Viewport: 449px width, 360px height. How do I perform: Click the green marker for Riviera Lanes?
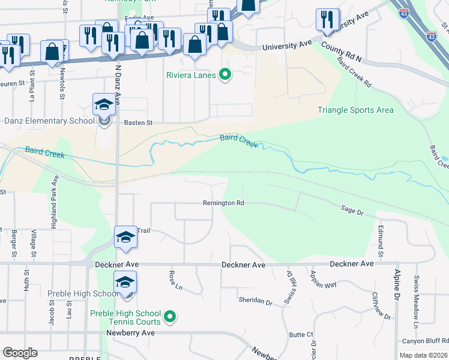pos(225,75)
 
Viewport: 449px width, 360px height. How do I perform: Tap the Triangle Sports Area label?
pos(355,110)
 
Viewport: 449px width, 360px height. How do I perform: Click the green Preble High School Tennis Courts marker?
pos(170,316)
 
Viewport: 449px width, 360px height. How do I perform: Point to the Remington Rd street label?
pos(223,203)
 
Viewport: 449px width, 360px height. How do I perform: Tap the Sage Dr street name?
pos(352,211)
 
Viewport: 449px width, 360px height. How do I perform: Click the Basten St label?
pos(139,122)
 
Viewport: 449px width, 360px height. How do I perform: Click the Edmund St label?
pos(381,239)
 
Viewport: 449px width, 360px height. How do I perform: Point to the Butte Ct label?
pos(301,335)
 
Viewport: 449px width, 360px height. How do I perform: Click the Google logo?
pos(19,352)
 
